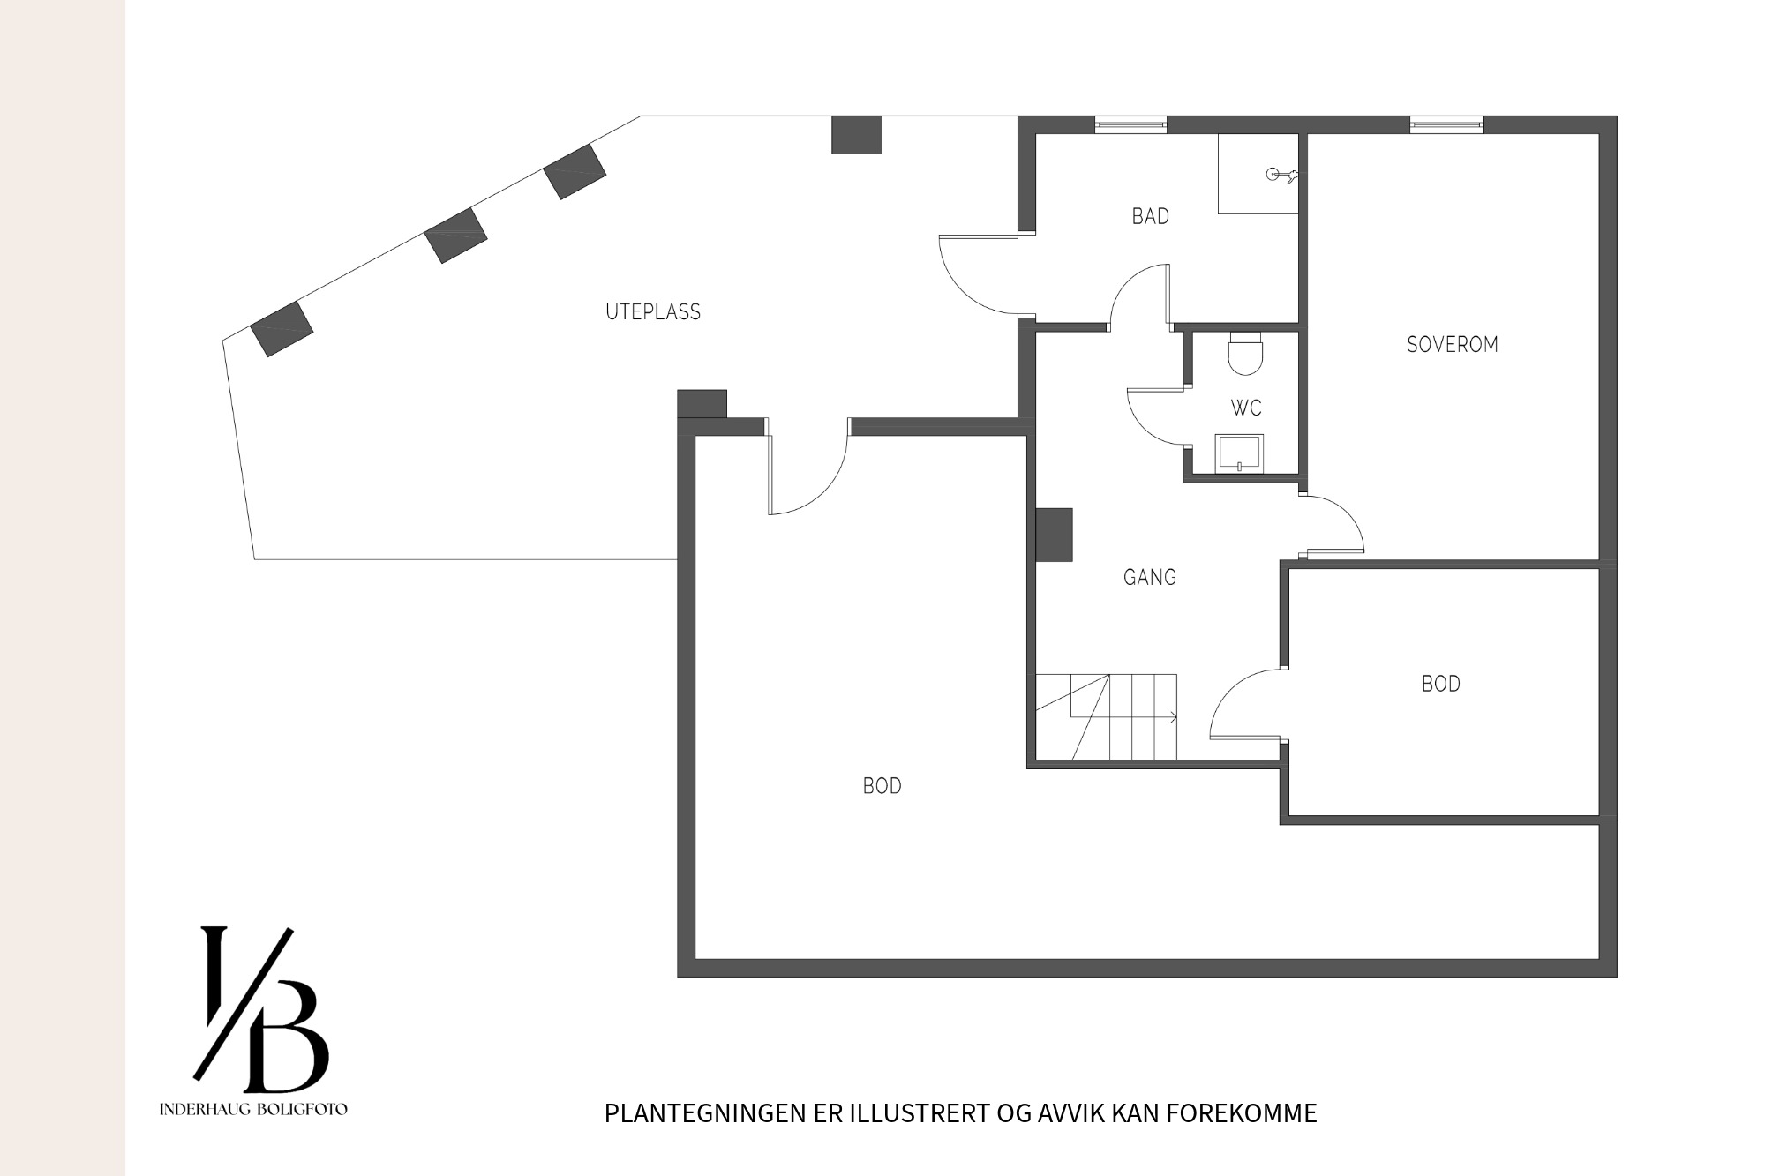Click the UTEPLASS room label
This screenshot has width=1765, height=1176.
pyautogui.click(x=653, y=311)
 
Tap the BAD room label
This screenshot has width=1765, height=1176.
pyautogui.click(x=1151, y=216)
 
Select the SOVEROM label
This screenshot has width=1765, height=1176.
pyautogui.click(x=1453, y=344)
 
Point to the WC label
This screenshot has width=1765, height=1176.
pyautogui.click(x=1246, y=408)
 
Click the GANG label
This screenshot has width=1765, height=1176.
pyautogui.click(x=1150, y=577)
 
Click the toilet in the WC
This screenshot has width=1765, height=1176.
pyautogui.click(x=1246, y=352)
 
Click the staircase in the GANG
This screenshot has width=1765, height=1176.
pyautogui.click(x=1106, y=716)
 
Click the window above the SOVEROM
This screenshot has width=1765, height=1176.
pyautogui.click(x=1446, y=125)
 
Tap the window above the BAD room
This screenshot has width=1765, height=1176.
pyautogui.click(x=1130, y=125)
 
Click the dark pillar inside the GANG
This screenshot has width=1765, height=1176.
pyautogui.click(x=1054, y=535)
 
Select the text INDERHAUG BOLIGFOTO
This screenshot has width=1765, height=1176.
pyautogui.click(x=253, y=1109)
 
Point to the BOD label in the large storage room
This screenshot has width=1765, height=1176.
pyautogui.click(x=882, y=786)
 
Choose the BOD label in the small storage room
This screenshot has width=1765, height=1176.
pyautogui.click(x=1441, y=684)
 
